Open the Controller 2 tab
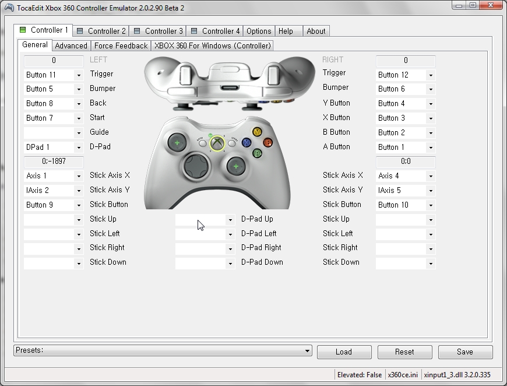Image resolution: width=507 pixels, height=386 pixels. click(x=101, y=31)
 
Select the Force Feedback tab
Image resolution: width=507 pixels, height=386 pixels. click(x=121, y=45)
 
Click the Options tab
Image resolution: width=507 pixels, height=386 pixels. click(x=258, y=31)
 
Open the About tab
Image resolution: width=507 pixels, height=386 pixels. click(x=316, y=31)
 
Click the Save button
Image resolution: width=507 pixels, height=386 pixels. click(x=465, y=352)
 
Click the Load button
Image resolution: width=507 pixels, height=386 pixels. click(x=344, y=352)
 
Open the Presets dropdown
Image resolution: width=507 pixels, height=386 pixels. click(x=163, y=350)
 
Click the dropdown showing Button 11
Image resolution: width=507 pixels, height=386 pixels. click(x=54, y=75)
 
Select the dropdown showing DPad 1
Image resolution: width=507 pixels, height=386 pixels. click(x=54, y=147)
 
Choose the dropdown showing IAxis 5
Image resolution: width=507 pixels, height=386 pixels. click(x=406, y=190)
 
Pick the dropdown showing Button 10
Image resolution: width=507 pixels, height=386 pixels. click(x=406, y=205)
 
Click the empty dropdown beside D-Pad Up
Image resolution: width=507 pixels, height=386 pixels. click(x=205, y=220)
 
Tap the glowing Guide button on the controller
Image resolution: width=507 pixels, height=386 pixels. click(x=217, y=143)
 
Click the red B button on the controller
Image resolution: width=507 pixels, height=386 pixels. click(x=267, y=142)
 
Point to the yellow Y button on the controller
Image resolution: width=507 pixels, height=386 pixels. click(x=257, y=132)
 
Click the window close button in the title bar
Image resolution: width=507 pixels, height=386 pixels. click(x=489, y=6)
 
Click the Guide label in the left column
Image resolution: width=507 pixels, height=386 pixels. click(x=99, y=132)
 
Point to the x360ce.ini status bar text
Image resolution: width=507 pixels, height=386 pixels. click(x=403, y=374)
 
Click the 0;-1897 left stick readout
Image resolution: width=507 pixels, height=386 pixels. click(x=54, y=162)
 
